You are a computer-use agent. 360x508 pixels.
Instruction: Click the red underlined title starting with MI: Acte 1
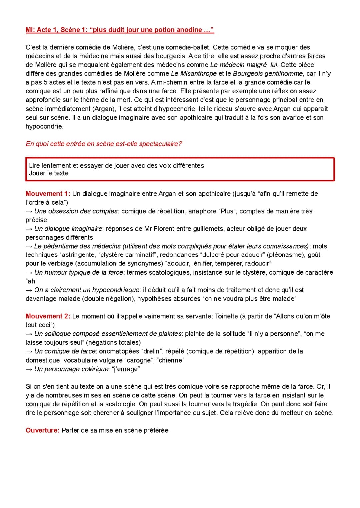120,30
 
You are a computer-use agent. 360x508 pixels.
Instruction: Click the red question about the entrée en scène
104,144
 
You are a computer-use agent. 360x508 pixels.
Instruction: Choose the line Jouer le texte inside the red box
49,173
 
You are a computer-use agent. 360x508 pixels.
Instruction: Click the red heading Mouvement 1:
48,194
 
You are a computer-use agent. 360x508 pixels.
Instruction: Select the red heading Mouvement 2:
48,316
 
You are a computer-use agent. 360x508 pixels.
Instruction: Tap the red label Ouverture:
42,430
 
